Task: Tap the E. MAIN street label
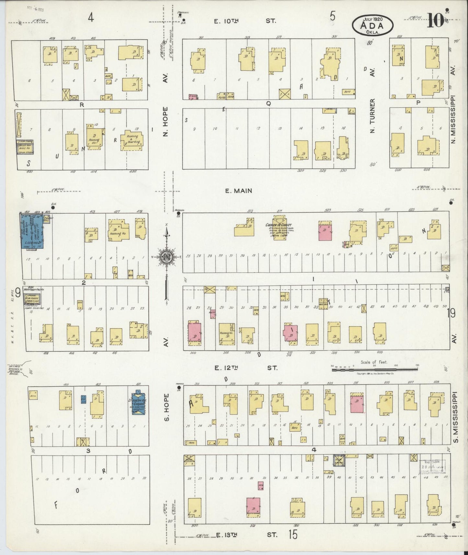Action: (x=239, y=191)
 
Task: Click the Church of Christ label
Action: (x=279, y=225)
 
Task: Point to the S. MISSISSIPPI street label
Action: (x=455, y=417)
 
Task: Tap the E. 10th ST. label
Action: (x=245, y=21)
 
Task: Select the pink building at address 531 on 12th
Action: (x=356, y=404)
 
